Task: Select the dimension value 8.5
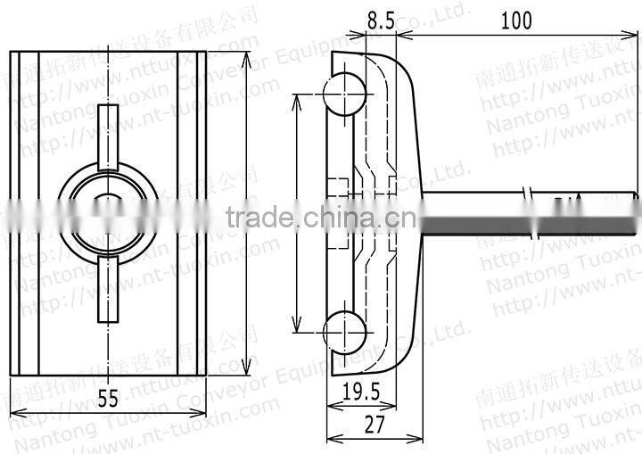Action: coord(381,21)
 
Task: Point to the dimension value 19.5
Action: coord(360,392)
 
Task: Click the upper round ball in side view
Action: coord(344,95)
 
